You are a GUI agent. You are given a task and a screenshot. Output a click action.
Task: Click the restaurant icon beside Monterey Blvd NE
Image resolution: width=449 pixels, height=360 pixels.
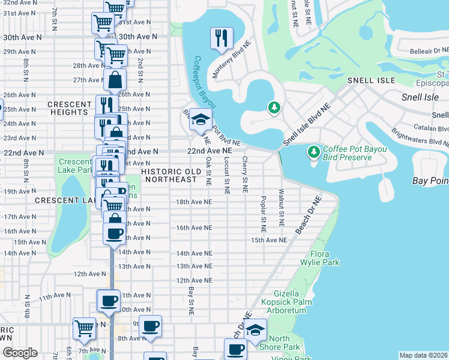click(221, 38)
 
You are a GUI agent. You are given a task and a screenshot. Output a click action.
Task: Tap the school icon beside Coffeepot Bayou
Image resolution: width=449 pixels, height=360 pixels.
click(200, 119)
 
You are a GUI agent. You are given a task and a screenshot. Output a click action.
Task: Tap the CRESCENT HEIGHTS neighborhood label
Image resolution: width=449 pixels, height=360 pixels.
click(70, 108)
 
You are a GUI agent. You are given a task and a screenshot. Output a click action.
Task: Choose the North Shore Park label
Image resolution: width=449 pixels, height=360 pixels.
click(284, 343)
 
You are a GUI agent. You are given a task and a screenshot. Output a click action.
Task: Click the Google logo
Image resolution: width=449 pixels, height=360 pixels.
click(20, 353)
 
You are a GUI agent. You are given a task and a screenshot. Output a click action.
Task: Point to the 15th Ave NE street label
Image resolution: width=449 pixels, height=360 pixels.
click(269, 240)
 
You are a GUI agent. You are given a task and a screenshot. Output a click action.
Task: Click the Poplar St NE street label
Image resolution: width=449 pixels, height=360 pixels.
click(263, 213)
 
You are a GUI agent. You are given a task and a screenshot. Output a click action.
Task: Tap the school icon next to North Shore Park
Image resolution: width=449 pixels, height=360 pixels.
click(256, 330)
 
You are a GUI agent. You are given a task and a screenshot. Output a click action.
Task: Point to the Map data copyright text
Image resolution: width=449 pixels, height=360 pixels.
click(423, 355)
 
